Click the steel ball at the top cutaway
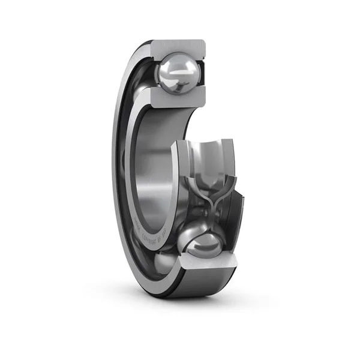coord(178,73)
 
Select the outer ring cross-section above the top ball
coord(179,47)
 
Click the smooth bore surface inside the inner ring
coord(155,174)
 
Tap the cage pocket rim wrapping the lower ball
coord(189,231)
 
